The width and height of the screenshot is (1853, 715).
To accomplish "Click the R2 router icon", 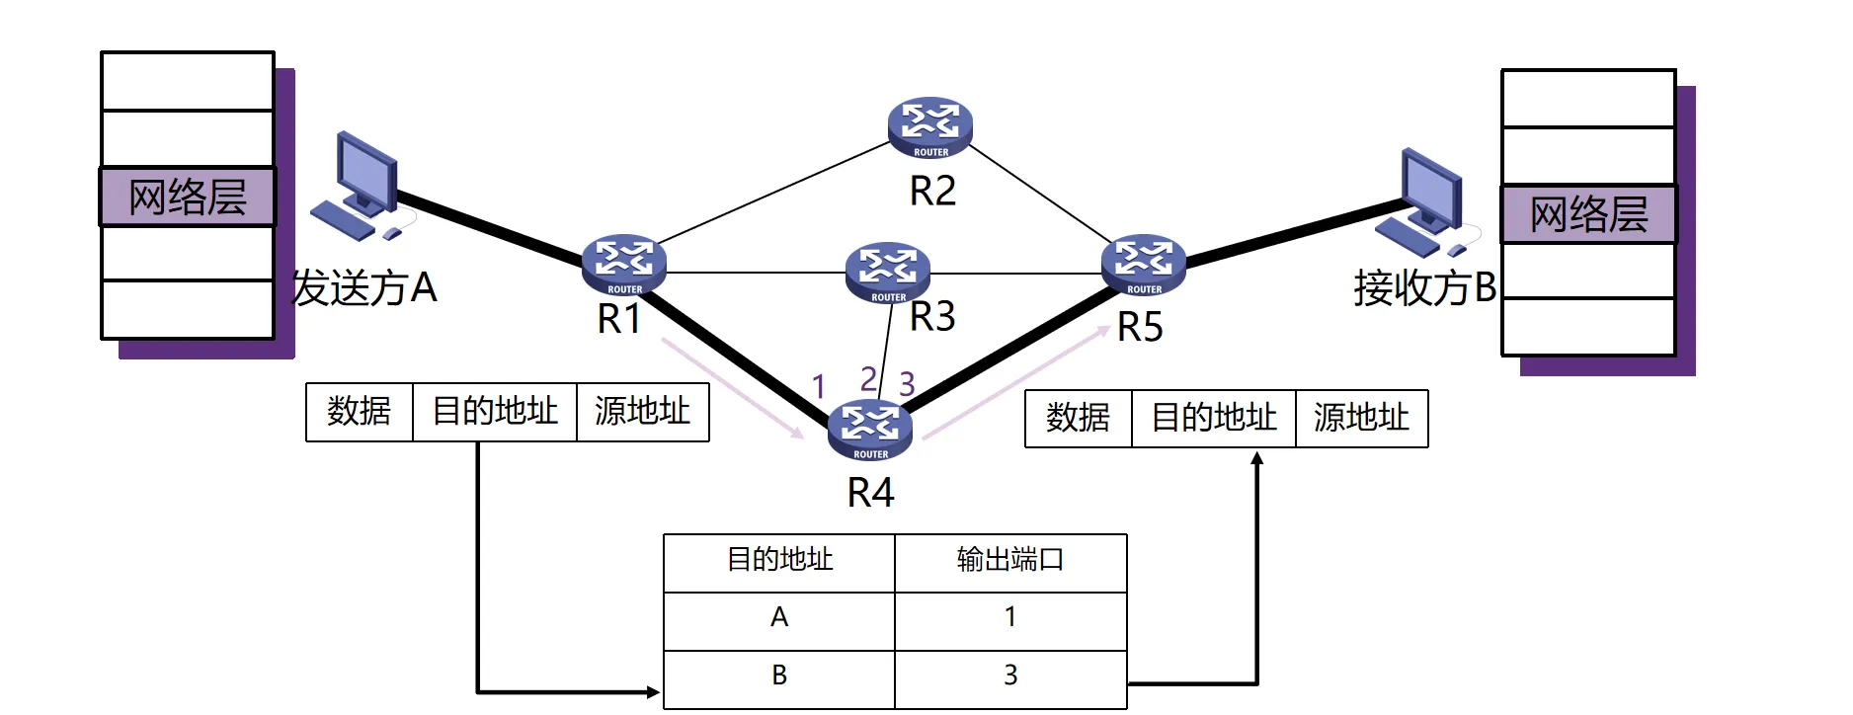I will click(929, 127).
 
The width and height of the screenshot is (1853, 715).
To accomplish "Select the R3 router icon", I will click(887, 272).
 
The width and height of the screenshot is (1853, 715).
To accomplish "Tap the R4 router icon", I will click(869, 430).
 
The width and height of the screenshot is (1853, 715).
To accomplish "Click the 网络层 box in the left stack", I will click(188, 198).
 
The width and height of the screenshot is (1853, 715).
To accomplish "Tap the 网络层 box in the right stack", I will click(1588, 214).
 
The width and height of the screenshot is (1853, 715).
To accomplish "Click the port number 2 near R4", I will click(868, 379).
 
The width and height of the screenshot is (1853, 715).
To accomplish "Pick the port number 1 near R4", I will click(818, 386).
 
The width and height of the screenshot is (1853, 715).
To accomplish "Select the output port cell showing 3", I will click(1009, 676).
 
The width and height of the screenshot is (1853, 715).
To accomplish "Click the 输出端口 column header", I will click(1009, 561).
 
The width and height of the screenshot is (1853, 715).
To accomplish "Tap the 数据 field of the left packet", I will click(360, 412).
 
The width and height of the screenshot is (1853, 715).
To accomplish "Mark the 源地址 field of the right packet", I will click(1361, 419).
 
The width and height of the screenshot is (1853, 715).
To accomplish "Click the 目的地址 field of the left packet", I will click(494, 412).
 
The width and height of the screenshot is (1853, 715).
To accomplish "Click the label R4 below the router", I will click(870, 492).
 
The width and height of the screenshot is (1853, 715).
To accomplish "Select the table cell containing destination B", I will click(778, 676).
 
